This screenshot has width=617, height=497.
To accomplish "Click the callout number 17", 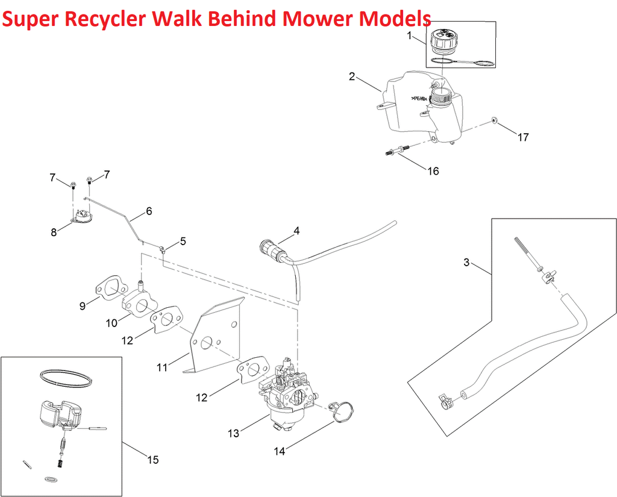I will (523, 137).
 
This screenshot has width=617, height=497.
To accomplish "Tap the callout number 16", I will (433, 171).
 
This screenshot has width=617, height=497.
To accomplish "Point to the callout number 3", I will (466, 262).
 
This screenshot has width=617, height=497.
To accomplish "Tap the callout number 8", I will (54, 232).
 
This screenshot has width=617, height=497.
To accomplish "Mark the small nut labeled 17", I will (494, 120).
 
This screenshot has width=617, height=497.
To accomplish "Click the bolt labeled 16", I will (397, 150).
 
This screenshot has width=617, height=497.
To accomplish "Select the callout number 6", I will (148, 211).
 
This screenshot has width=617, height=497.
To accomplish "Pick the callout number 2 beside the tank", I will (352, 77).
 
